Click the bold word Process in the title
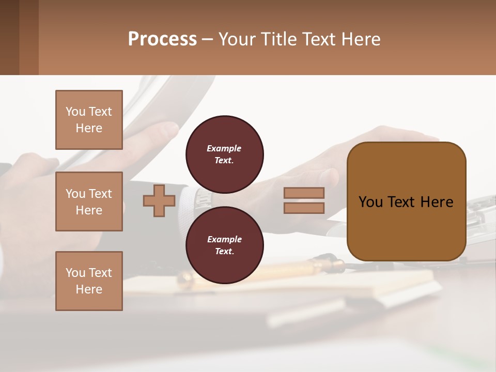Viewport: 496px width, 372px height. click(162, 39)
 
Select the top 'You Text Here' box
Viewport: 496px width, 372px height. click(89, 120)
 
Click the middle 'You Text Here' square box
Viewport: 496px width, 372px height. click(89, 202)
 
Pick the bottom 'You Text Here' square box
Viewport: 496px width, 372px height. click(89, 281)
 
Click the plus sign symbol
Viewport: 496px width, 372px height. click(159, 201)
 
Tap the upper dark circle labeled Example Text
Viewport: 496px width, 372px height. click(224, 154)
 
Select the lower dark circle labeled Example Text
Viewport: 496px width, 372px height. click(224, 245)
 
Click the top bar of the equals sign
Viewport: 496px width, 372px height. click(304, 193)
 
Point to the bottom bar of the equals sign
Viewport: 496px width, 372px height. click(304, 208)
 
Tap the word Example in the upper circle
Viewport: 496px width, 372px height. click(224, 148)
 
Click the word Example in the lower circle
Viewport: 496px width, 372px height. click(224, 239)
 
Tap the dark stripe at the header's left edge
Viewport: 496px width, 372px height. click(9, 37)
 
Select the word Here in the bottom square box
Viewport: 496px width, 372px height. click(89, 289)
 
